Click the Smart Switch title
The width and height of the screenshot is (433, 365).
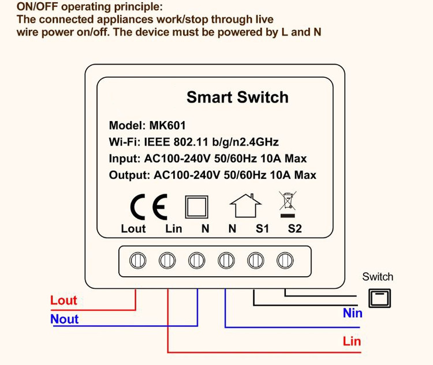(237, 97)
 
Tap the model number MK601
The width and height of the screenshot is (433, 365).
(167, 125)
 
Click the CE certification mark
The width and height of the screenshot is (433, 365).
(149, 205)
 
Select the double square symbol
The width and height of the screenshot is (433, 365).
(196, 205)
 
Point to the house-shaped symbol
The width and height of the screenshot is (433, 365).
(241, 205)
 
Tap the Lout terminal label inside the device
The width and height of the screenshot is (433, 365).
(133, 229)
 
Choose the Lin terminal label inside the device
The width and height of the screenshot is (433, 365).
(173, 229)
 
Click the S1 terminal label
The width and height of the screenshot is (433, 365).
(263, 229)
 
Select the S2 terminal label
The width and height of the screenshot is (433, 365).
(295, 229)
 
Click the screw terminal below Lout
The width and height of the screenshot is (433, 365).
(136, 261)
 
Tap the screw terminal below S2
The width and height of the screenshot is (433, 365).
(284, 261)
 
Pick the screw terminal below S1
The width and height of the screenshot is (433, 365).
(255, 261)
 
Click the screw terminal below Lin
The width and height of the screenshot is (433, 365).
(166, 261)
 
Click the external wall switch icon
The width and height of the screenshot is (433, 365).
(379, 298)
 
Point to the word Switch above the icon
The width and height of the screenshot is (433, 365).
(378, 277)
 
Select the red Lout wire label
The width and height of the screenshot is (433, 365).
(64, 300)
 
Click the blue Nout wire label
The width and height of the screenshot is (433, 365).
(65, 319)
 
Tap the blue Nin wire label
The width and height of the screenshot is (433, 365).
(352, 313)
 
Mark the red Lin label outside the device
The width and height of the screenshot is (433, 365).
(352, 341)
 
